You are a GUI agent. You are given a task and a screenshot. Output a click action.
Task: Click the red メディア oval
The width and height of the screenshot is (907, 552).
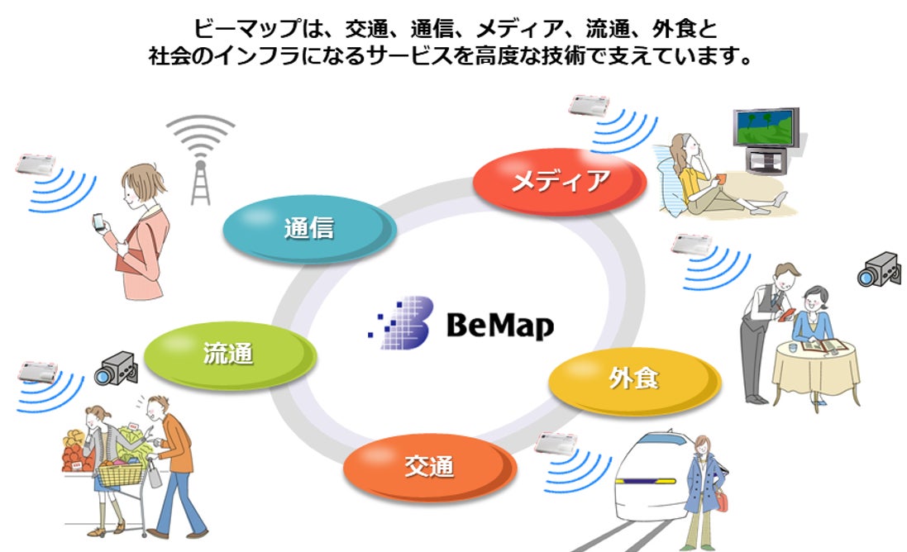click(559, 181)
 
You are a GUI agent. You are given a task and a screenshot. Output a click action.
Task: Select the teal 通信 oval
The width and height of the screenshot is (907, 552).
click(307, 229)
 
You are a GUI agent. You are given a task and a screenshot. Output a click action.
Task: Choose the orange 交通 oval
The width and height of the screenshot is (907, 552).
click(428, 466)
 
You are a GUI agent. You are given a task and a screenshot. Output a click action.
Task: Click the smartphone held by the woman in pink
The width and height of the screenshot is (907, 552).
click(98, 223)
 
